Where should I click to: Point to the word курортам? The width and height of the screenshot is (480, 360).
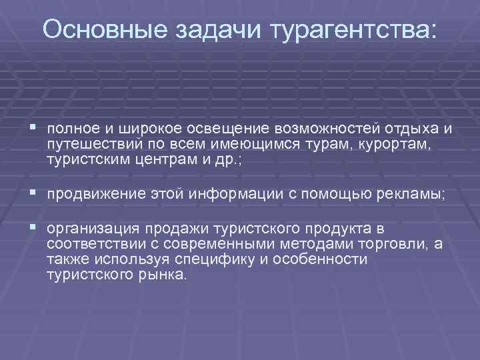pos(393,145)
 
